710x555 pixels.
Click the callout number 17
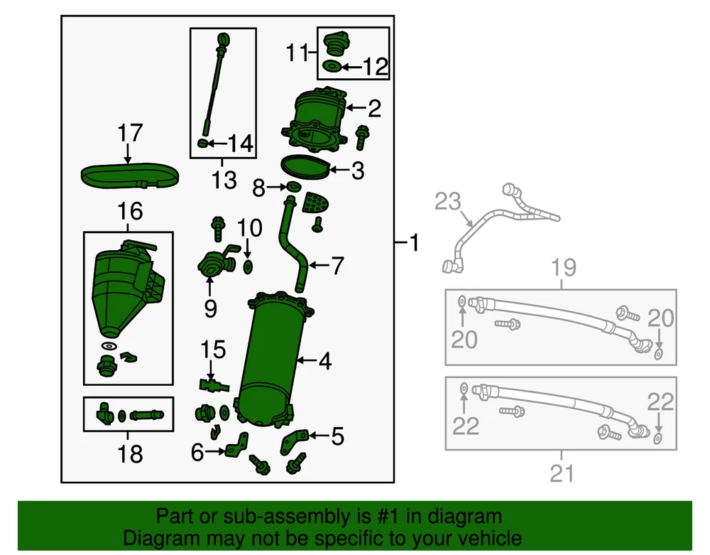[x=130, y=133]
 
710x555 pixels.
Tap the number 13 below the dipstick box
[x=224, y=180]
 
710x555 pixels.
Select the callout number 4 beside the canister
[x=325, y=361]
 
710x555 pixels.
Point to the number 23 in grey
[x=447, y=202]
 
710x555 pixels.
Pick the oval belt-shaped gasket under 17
[x=129, y=176]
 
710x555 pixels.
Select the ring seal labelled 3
[x=305, y=167]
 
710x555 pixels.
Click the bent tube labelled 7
[x=293, y=243]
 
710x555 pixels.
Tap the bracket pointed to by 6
[x=237, y=444]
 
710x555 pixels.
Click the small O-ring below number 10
[x=248, y=267]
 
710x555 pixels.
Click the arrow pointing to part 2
[x=356, y=108]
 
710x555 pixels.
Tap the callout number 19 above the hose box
[x=563, y=267]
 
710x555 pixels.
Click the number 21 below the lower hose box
[x=562, y=473]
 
